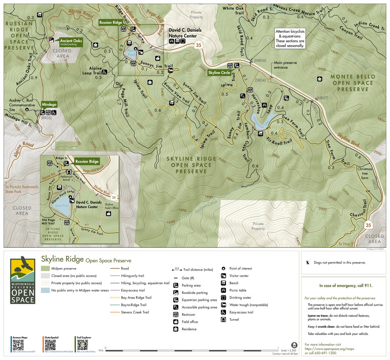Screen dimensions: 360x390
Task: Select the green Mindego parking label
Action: [x=49, y=104]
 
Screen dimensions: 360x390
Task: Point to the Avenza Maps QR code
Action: [x=18, y=345]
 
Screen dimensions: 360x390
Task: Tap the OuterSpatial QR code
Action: [x=50, y=345]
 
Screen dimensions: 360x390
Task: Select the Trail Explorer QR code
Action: [x=82, y=345]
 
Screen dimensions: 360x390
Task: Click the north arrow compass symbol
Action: [x=294, y=345]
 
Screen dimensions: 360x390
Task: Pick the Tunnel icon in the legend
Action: [x=223, y=320]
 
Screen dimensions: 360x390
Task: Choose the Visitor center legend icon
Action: [x=223, y=276]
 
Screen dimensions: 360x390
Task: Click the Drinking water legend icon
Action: [x=223, y=297]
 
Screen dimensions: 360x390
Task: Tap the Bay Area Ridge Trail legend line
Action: [x=115, y=297]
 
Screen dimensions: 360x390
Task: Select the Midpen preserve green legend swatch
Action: [x=45, y=269]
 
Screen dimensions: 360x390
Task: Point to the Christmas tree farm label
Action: [x=365, y=173]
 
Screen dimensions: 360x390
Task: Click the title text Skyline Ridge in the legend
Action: [x=62, y=260]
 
